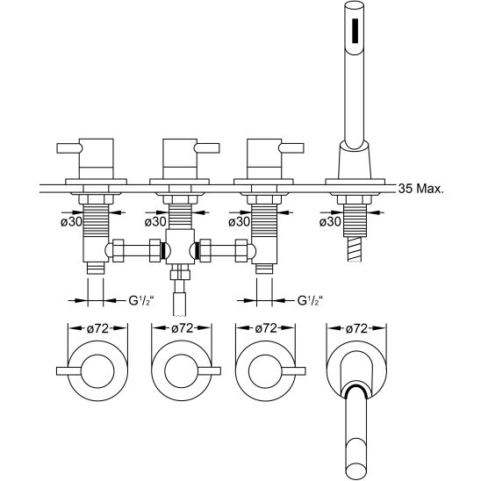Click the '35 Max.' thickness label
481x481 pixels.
421,189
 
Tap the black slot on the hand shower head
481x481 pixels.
355,31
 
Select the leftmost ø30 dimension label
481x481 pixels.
71,222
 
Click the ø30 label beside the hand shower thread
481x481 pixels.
330,222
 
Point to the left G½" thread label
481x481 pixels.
141,300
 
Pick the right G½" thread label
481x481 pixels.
310,300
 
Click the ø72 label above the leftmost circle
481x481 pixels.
97,328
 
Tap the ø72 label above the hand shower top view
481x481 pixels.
356,328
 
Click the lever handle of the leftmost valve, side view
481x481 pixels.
69,147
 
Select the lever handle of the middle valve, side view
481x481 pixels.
207,147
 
